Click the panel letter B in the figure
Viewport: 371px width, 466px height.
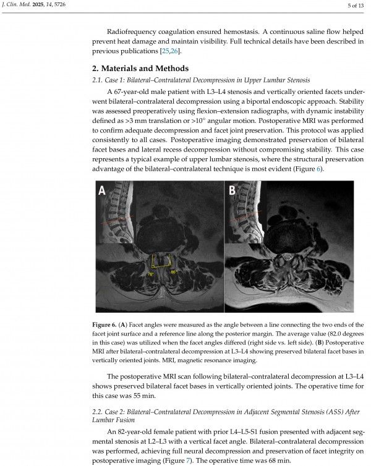pyautogui.click(x=232, y=192)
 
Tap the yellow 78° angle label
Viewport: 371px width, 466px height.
pyautogui.click(x=150, y=273)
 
